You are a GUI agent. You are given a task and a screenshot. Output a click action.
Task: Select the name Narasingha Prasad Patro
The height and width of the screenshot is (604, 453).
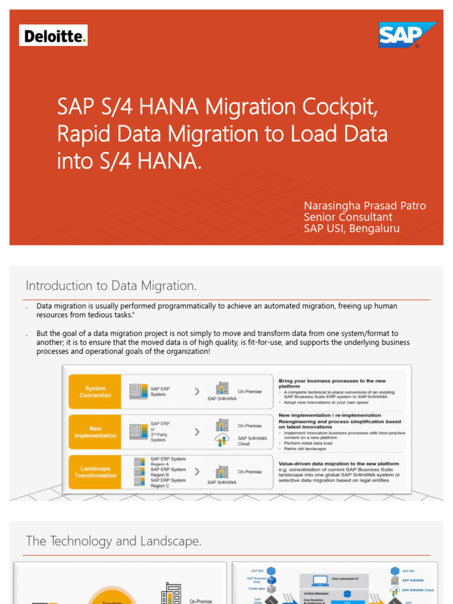[x=365, y=206]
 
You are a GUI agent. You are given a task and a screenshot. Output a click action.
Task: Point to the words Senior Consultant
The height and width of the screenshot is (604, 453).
[x=347, y=217]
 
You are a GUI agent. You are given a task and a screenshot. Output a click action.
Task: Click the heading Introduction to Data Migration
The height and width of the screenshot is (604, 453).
[x=111, y=286]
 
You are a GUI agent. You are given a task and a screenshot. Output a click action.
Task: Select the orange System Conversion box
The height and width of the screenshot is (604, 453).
[x=96, y=392]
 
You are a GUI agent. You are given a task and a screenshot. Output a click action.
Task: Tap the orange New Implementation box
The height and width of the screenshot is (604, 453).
[x=96, y=432]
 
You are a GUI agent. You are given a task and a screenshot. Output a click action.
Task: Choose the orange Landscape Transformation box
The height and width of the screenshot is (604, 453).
[x=96, y=472]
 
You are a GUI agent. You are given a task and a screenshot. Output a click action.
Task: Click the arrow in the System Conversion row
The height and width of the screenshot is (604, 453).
[x=197, y=391]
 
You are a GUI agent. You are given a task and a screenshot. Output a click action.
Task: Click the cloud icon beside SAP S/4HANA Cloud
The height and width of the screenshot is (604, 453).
[x=222, y=440]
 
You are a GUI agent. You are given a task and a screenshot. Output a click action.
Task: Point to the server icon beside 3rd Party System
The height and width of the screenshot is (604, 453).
[x=139, y=431]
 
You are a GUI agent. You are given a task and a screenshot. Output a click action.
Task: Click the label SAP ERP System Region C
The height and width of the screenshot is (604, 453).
[x=168, y=482]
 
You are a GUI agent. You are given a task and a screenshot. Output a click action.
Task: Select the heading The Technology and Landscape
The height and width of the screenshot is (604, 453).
[x=114, y=541]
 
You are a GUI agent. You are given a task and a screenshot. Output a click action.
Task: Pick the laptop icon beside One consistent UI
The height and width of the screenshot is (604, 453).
[x=320, y=580]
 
